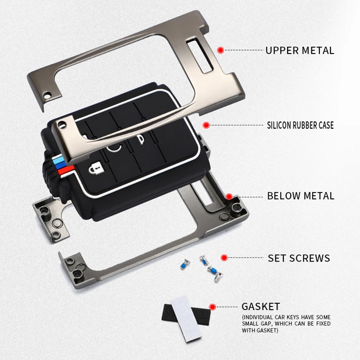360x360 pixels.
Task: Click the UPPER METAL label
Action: tap(300, 50)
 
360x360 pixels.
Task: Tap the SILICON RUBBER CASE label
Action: tap(300, 125)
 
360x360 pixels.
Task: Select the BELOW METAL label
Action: tap(301, 196)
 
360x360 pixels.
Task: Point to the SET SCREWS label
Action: tap(299, 258)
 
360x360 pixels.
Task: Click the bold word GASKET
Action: tap(261, 307)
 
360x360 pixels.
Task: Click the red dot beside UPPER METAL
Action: tap(220, 50)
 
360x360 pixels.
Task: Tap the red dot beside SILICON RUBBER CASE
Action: tap(206, 125)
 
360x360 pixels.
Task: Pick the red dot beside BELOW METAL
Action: tap(229, 196)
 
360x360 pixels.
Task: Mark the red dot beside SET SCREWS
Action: tap(223, 258)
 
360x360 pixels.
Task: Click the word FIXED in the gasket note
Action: tap(319, 324)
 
